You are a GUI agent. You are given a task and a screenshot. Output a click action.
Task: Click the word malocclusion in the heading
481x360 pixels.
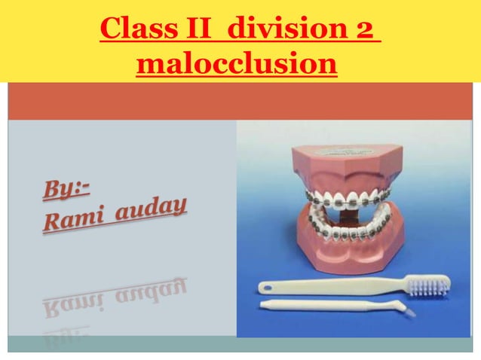[236, 64]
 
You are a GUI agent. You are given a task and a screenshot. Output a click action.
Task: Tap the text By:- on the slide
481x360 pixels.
[66, 187]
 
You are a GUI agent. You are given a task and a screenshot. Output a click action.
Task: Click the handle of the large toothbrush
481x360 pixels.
[332, 286]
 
